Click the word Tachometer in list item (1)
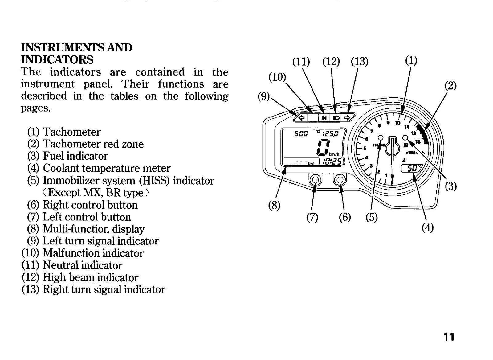[x=71, y=132]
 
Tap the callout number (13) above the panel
[x=359, y=61]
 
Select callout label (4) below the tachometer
[x=428, y=227]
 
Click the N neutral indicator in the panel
[x=324, y=118]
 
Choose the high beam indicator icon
[x=336, y=118]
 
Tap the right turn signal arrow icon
[x=347, y=118]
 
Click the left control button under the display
[x=315, y=180]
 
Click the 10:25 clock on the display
[x=332, y=162]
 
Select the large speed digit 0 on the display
[x=323, y=147]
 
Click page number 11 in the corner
[x=449, y=337]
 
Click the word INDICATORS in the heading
[x=57, y=60]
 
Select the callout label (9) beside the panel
[x=264, y=96]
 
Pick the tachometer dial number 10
[x=397, y=123]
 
